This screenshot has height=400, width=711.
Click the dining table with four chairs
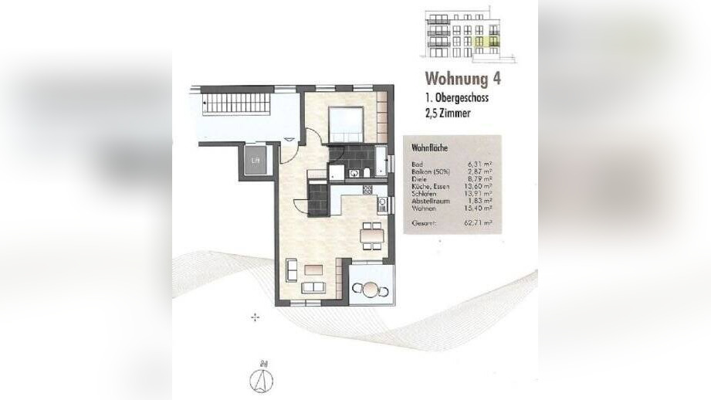[371, 235]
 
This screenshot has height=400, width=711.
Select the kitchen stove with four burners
[367, 189]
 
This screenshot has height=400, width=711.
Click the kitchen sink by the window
[381, 205]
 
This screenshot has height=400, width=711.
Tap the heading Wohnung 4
[468, 80]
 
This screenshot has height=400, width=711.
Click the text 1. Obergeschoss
[456, 98]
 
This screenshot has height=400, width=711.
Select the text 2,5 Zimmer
[447, 114]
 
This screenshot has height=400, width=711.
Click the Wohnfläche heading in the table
[422, 147]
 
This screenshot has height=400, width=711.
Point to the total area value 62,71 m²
[480, 223]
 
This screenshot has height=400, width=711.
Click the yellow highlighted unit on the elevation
[486, 42]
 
